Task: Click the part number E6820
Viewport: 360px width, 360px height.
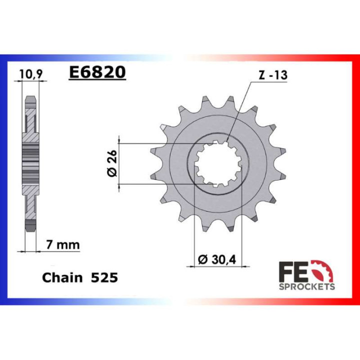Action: point(97,72)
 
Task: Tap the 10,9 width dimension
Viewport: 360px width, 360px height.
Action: point(31,74)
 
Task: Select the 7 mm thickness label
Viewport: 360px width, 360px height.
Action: point(63,245)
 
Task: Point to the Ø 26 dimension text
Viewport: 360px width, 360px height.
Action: point(112,163)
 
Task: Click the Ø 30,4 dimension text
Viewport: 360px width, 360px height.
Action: point(216,259)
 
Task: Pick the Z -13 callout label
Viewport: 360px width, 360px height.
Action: point(273,75)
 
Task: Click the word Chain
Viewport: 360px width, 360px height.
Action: point(62,277)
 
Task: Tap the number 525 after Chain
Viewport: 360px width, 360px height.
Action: point(104,277)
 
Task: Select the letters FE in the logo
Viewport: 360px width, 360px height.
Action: point(293,272)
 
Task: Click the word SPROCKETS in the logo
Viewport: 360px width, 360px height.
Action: point(306,286)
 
